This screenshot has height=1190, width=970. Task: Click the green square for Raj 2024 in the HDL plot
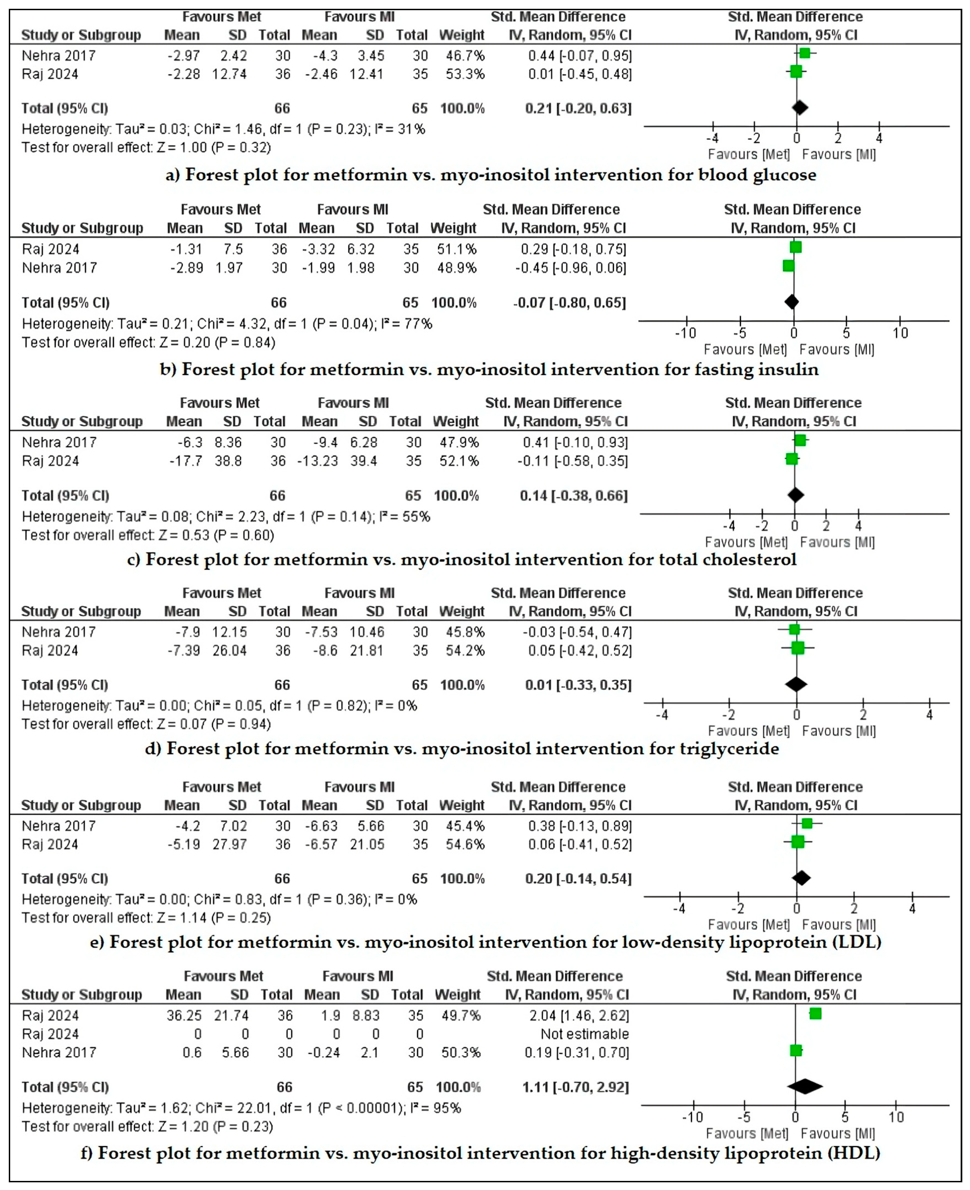click(815, 1013)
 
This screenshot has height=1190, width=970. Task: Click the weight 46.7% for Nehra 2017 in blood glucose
click(465, 56)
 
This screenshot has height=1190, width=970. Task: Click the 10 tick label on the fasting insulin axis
click(900, 333)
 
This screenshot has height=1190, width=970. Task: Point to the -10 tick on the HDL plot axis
click(693, 1117)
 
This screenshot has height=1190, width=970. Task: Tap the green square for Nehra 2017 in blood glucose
click(804, 53)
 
